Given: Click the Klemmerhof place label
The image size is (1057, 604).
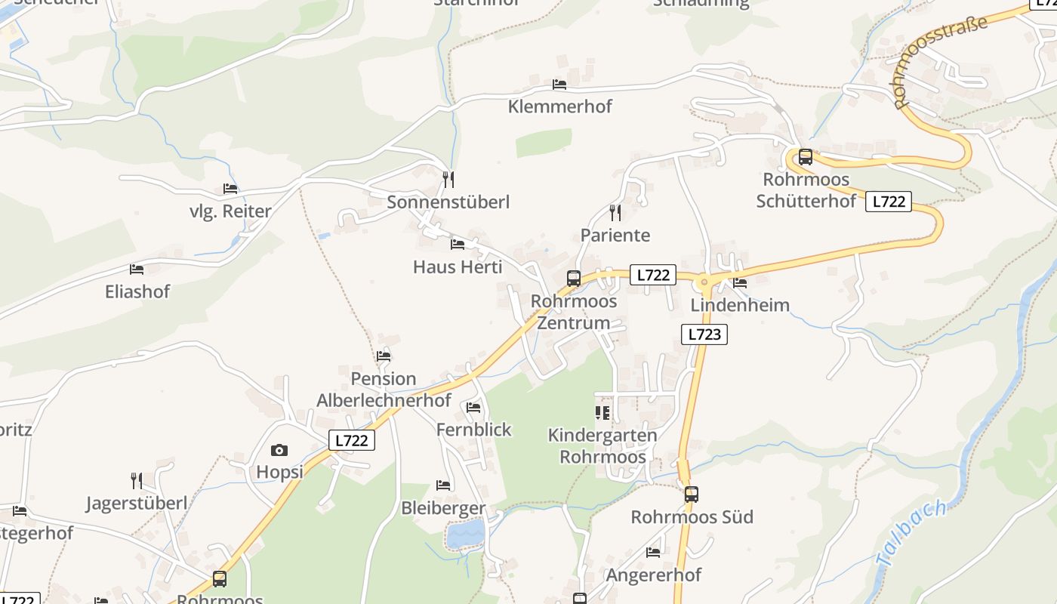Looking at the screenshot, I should pos(559,106).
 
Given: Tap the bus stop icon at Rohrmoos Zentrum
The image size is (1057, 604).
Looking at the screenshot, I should pos(574,279).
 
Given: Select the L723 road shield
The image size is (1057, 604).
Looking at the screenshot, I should pos(704,334).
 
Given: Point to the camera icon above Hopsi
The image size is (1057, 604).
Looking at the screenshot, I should pos(279,451).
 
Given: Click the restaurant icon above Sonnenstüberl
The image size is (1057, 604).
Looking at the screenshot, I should pos(448,179).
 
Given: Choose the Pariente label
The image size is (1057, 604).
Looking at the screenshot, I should pos(615,235).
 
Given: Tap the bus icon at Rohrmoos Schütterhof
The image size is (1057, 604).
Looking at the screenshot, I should pos(806,157).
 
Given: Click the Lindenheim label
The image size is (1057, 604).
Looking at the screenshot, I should pos(740,305).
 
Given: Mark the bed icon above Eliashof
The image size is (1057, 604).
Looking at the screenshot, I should pos(137,269).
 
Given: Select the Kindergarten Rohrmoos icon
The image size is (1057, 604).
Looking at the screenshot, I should pos(602,412).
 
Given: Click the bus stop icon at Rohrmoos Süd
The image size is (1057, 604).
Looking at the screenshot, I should pos(692,495).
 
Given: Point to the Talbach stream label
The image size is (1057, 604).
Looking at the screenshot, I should pos(911,534).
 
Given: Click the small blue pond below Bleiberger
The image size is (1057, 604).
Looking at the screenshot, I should pos(465,535).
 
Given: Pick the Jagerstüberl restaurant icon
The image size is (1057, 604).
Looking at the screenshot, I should pos(137,480).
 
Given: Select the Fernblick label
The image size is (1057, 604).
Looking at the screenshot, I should pos(473,430).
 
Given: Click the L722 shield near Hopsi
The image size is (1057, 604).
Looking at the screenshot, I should pos(352,440).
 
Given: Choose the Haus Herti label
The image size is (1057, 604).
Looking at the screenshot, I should pos(458,267).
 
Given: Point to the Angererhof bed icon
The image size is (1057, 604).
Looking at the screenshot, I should pos(653,553).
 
